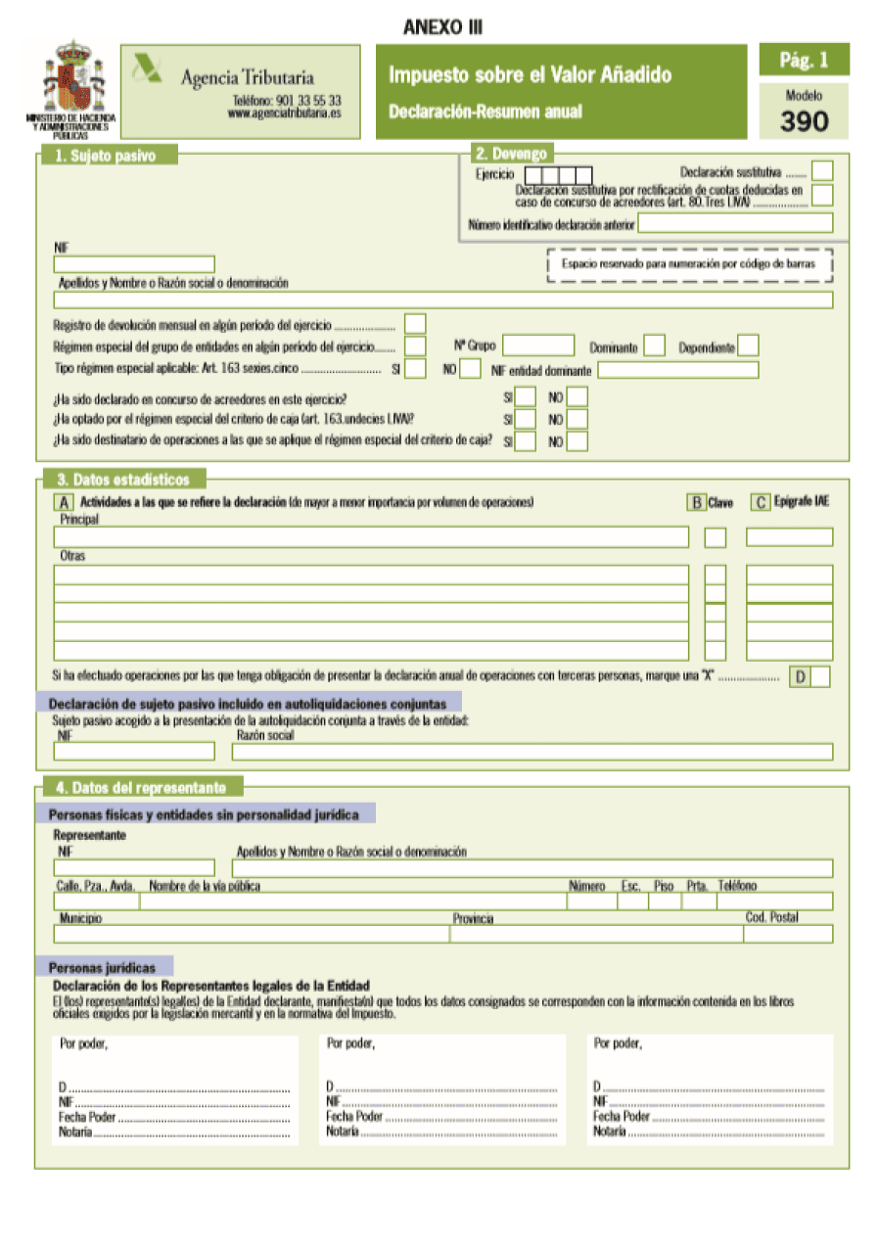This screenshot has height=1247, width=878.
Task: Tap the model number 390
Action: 804,121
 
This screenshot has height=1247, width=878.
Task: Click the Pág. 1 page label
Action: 804,61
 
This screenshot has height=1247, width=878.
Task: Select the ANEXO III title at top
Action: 442,28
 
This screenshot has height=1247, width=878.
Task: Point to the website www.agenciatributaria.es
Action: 284,114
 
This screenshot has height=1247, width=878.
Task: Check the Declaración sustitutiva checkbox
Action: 822,171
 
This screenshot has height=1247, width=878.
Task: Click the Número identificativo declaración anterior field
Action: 735,223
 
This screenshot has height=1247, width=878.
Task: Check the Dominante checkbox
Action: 655,346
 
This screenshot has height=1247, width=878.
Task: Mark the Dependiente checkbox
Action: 748,346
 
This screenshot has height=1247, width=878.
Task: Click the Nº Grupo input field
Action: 538,346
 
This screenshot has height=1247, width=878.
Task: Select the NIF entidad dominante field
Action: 677,370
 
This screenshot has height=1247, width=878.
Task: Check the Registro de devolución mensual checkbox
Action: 415,323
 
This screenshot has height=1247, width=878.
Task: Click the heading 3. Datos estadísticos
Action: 121,480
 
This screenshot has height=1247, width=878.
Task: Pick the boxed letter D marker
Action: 801,676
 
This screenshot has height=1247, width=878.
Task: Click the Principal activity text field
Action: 371,536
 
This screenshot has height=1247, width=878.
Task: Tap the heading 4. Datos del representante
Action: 141,787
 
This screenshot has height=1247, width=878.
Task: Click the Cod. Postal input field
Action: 788,934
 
